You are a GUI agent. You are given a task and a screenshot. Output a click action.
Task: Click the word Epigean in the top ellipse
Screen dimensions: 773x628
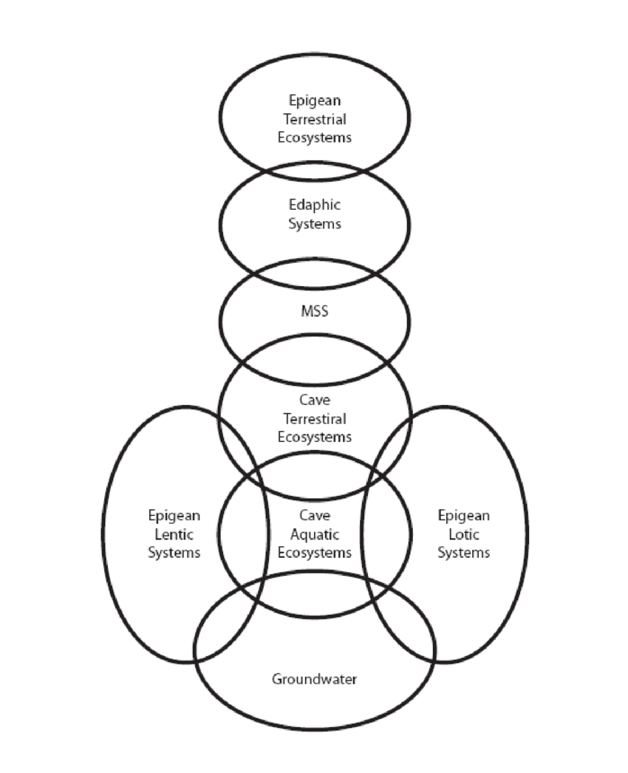(x=315, y=100)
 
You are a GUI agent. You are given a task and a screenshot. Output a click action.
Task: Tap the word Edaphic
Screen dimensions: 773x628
(x=315, y=205)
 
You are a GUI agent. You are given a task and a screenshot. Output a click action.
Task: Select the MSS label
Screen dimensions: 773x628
(x=315, y=311)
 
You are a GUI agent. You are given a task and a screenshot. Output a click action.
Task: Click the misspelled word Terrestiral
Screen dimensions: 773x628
(x=315, y=419)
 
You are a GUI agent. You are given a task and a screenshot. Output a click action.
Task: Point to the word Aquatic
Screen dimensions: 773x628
(x=315, y=533)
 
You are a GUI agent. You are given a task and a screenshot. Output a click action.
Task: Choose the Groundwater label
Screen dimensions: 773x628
(x=314, y=678)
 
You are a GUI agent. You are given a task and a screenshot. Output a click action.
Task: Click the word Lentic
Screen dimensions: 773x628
(x=174, y=534)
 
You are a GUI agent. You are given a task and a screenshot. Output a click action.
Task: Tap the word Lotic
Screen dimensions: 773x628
(x=463, y=534)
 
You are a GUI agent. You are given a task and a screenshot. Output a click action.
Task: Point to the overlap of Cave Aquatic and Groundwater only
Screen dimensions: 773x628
(x=315, y=595)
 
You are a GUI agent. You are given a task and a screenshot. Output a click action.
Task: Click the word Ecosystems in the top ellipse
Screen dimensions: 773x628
(x=315, y=137)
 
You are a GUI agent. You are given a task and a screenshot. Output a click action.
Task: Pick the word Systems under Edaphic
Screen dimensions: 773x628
(x=315, y=224)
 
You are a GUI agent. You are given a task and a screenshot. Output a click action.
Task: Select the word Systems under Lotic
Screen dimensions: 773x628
(x=463, y=552)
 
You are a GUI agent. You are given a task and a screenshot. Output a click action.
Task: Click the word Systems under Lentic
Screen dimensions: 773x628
(x=174, y=552)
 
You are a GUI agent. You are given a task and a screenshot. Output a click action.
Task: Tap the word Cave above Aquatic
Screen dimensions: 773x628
(x=315, y=514)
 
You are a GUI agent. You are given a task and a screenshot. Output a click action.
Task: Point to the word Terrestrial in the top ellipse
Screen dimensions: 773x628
(x=315, y=118)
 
